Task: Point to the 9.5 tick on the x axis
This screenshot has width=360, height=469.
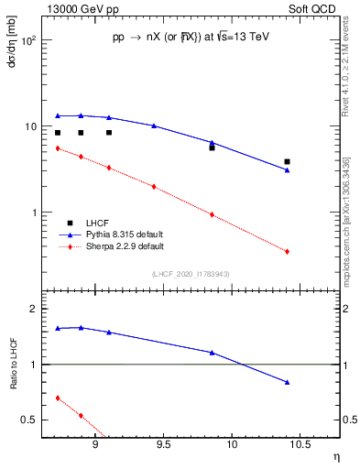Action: click(163, 448)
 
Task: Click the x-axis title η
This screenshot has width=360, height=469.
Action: click(335, 457)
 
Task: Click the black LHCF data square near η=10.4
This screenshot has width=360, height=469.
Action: click(288, 161)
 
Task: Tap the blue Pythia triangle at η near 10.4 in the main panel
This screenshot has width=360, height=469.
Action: click(288, 169)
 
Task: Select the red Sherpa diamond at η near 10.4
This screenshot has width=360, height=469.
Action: click(288, 251)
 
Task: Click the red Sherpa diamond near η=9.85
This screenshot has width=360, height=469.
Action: click(212, 214)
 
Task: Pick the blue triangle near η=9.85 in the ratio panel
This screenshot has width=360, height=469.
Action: click(212, 352)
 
